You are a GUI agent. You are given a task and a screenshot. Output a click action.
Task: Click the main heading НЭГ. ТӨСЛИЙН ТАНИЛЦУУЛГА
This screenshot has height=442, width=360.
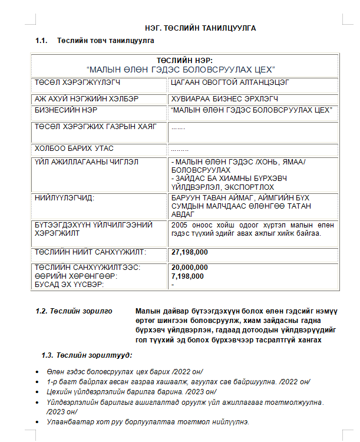click(x=200, y=28)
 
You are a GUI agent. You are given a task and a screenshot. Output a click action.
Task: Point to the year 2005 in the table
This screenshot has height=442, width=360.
click(x=179, y=225)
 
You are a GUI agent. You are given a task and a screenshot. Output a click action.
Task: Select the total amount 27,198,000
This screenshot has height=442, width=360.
click(x=189, y=252)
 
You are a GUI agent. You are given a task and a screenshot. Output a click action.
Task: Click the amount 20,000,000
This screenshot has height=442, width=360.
click(x=189, y=267)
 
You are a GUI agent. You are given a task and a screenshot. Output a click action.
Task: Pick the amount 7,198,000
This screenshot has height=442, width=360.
click(x=187, y=276)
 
